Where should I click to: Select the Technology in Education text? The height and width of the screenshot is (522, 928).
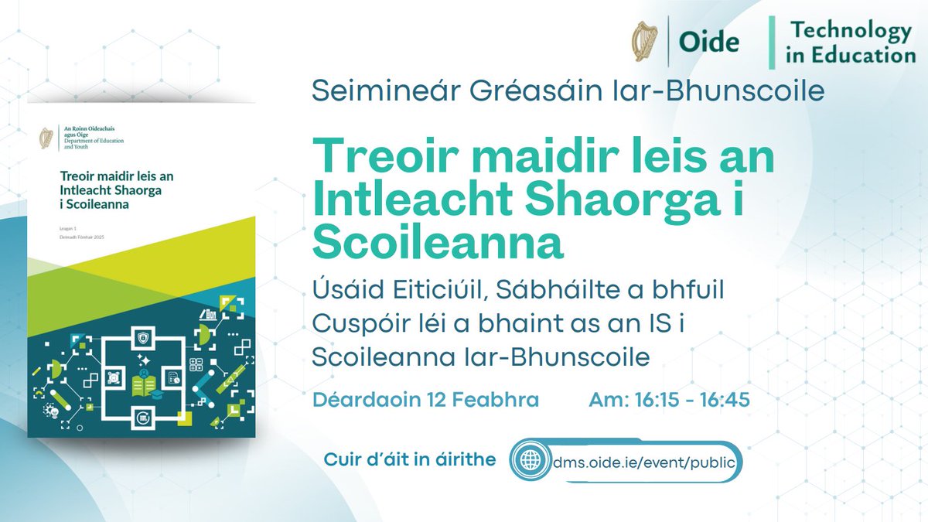click(x=848, y=43)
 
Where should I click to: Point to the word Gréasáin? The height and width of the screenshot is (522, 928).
click(x=515, y=91)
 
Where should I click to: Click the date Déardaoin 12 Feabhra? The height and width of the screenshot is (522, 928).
click(x=425, y=402)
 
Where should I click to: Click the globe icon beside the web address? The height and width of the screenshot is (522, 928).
click(x=531, y=461)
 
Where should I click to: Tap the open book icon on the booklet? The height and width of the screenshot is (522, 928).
click(x=144, y=379)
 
